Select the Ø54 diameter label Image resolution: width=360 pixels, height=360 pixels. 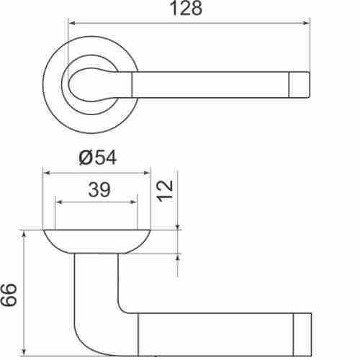click(96, 158)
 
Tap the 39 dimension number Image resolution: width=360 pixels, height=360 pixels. click(96, 189)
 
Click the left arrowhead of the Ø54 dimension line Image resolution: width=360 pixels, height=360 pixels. click(48, 173)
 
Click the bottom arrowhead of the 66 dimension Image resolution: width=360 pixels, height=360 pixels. click(24, 352)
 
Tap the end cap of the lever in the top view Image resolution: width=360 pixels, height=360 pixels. click(302, 84)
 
